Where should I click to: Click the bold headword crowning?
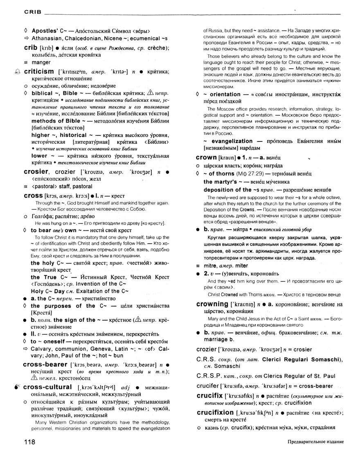pos(212,304)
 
